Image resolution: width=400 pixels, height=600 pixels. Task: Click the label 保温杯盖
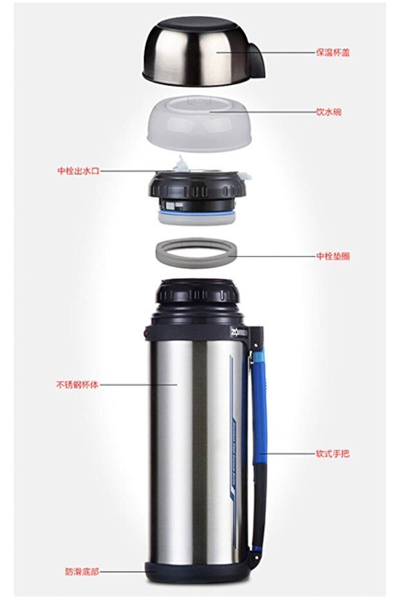coord(332,53)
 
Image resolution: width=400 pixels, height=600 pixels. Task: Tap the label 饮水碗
coord(329,112)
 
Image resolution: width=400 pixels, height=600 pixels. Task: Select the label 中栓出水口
coord(79,171)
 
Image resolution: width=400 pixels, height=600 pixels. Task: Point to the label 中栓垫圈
coord(332,256)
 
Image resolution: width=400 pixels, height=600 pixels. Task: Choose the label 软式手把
coord(332,453)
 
